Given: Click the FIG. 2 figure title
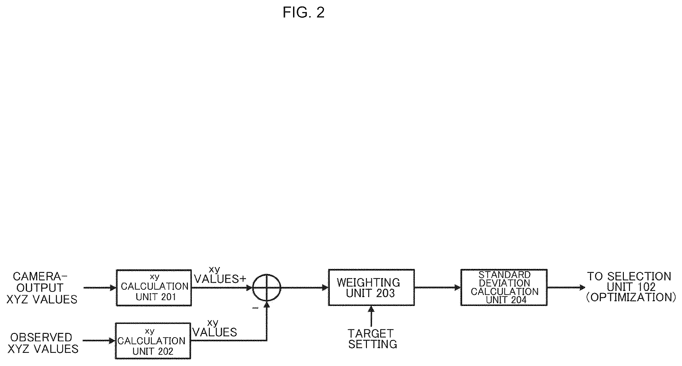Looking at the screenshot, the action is coord(303,13).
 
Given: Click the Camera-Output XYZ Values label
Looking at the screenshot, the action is coord(42,288).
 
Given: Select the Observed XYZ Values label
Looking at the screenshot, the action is coord(43,343).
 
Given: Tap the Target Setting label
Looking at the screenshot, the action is coord(372,339).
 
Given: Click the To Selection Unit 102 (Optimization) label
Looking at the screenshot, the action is coord(631,287).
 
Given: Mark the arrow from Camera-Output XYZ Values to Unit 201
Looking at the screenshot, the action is coord(100,288).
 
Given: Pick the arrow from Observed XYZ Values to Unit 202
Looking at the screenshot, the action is coord(99,340).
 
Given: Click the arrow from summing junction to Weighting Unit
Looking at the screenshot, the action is coord(304,288).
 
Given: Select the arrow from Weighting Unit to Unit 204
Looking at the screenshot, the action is coord(438,287).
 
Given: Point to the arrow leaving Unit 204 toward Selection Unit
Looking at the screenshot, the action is coord(566,287).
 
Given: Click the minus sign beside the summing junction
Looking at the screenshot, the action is coord(255,308).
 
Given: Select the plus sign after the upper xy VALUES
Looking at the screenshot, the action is coord(243,279).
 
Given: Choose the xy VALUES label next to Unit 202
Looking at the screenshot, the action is coord(214,328).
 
